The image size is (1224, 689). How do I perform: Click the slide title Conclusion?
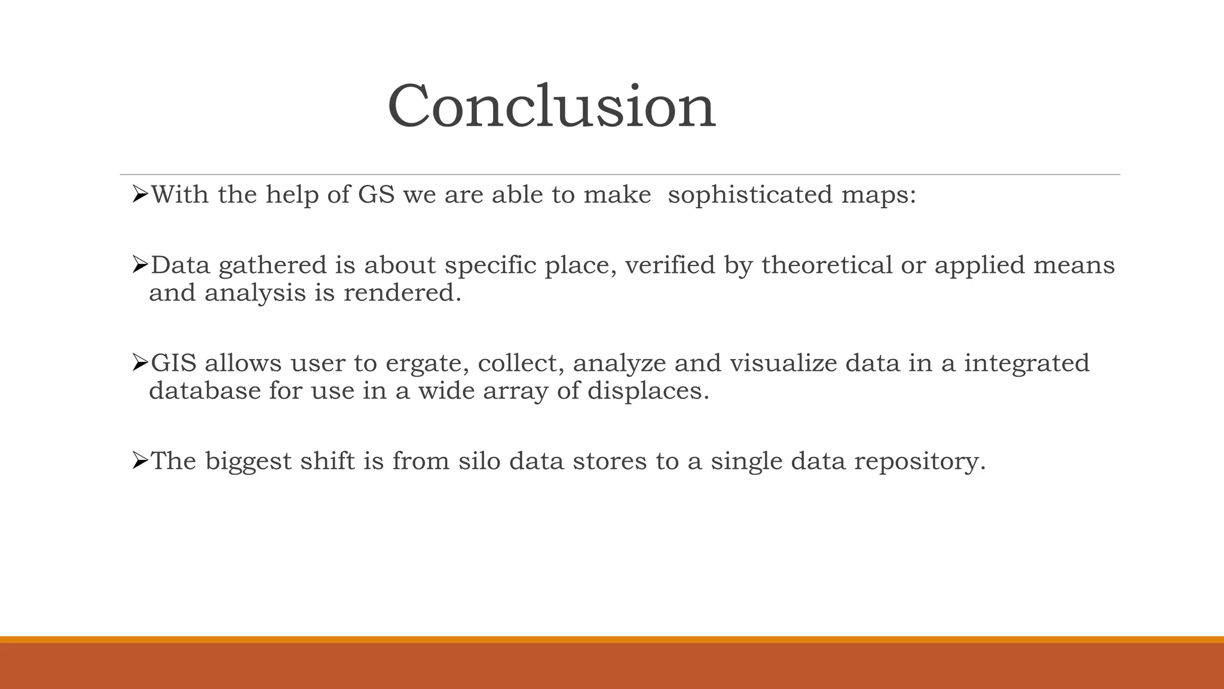tap(551, 106)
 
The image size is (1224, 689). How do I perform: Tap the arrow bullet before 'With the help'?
tap(139, 194)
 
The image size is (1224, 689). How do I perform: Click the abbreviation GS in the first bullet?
tap(376, 195)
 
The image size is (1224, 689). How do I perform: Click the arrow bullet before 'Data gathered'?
tap(139, 264)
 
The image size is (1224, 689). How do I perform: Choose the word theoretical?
tap(827, 266)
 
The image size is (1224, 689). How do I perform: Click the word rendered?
tap(402, 293)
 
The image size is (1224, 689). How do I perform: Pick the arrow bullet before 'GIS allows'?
tap(139, 362)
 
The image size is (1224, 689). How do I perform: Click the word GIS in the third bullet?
tap(173, 363)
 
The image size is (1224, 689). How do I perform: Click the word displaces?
tap(648, 392)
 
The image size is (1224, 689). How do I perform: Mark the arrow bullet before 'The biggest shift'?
tap(139, 461)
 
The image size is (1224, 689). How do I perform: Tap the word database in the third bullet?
tap(204, 391)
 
